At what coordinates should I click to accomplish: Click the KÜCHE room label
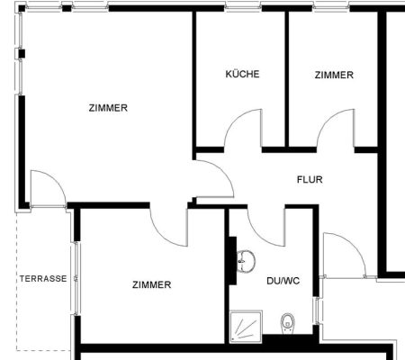242,74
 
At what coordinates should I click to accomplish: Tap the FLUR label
310,179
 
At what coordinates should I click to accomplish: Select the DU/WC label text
283,281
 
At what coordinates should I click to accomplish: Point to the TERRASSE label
43,279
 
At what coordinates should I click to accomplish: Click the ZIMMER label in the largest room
108,108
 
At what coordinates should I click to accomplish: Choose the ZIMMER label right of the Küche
334,75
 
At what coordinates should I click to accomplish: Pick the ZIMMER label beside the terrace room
152,284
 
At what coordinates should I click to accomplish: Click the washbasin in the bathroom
246,261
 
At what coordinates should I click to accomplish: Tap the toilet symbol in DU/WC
288,323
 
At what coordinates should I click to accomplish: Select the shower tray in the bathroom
246,327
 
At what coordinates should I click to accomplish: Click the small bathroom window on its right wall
317,310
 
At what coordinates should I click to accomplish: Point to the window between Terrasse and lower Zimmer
76,278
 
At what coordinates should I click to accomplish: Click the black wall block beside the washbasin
233,260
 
